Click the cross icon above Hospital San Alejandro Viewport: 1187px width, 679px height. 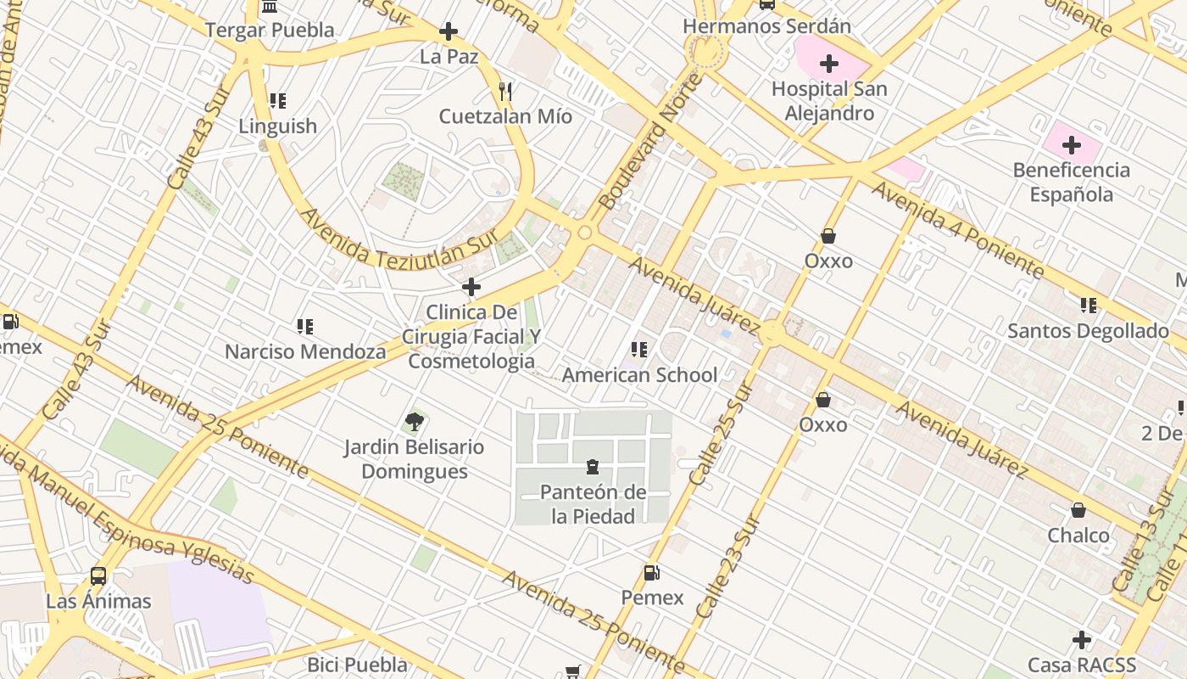pyautogui.click(x=829, y=64)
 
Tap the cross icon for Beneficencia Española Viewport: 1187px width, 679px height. pyautogui.click(x=1072, y=145)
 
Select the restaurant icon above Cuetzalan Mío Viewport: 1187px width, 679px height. pyautogui.click(x=505, y=91)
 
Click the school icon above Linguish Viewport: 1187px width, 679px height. pyautogui.click(x=277, y=101)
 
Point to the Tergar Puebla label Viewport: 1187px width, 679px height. pyautogui.click(x=270, y=31)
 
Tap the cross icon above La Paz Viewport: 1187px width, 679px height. pyautogui.click(x=449, y=32)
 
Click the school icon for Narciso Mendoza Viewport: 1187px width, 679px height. pyautogui.click(x=305, y=327)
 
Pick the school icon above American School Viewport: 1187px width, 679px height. pyautogui.click(x=639, y=350)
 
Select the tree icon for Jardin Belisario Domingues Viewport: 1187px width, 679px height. pyautogui.click(x=414, y=421)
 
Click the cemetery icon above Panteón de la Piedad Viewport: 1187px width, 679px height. pyautogui.click(x=593, y=467)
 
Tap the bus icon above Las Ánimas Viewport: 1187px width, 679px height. pyautogui.click(x=98, y=576)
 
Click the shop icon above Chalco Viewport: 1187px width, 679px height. pyautogui.click(x=1078, y=510)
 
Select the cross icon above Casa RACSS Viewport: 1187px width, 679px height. pyautogui.click(x=1081, y=639)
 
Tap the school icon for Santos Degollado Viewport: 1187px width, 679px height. pyautogui.click(x=1088, y=306)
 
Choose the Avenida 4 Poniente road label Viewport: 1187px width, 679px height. pyautogui.click(x=957, y=229)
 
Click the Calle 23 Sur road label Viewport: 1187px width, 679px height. pyautogui.click(x=727, y=567)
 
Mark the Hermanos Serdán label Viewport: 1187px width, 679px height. pyautogui.click(x=766, y=26)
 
